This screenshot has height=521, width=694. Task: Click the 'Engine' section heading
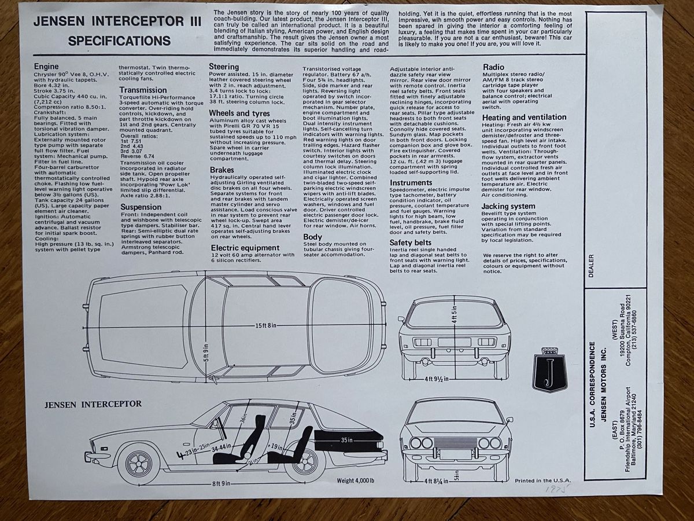click(x=46, y=67)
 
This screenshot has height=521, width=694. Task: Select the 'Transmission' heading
click(x=143, y=90)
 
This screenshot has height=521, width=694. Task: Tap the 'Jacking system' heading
click(x=508, y=206)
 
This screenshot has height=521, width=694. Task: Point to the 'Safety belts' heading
click(x=410, y=243)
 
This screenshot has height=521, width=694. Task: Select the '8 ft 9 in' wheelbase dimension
click(x=220, y=483)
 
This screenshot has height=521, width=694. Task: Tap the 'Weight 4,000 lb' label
click(x=356, y=480)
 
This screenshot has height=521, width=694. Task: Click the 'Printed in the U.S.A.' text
click(x=542, y=480)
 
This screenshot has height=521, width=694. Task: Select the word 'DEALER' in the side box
click(x=591, y=266)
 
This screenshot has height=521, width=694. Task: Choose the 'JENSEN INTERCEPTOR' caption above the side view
click(x=93, y=403)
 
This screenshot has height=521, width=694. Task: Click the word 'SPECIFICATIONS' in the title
click(x=119, y=41)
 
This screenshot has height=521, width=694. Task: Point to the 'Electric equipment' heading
click(x=245, y=248)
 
